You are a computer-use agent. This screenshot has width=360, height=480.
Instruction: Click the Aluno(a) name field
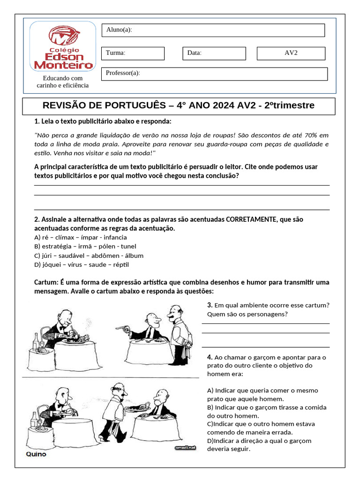click(213, 30)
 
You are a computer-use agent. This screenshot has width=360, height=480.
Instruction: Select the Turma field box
click(133, 53)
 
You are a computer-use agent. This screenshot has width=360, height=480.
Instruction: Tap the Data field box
click(213, 53)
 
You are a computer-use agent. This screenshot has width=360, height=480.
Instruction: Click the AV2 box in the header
click(291, 53)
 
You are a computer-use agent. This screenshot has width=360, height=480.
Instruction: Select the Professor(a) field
click(214, 74)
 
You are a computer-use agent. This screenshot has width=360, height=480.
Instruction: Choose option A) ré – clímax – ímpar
click(74, 237)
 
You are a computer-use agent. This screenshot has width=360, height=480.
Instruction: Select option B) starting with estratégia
click(85, 246)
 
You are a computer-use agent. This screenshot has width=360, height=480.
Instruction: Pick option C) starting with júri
click(89, 255)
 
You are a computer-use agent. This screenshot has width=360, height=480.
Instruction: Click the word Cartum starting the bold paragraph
click(45, 282)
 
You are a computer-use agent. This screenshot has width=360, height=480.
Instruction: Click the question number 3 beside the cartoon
click(210, 305)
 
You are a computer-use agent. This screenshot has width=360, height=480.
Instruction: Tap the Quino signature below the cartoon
click(36, 454)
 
